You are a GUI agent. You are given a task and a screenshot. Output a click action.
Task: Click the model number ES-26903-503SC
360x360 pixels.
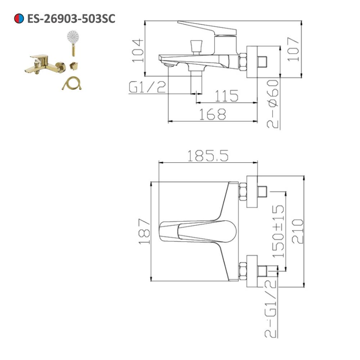[x=71, y=19]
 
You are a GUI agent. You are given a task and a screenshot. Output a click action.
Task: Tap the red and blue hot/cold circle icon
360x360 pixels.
[x=19, y=18]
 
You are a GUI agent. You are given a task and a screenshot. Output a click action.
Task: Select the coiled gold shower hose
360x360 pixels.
[x=72, y=83]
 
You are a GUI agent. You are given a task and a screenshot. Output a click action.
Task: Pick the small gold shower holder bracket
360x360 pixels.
[x=74, y=66]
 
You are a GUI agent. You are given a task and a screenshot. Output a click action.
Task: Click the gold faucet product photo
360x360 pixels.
[x=45, y=64]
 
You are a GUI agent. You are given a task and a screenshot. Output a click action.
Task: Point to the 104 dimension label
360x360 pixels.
[x=138, y=51]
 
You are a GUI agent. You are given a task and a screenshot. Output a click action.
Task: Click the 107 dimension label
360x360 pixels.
[x=293, y=49]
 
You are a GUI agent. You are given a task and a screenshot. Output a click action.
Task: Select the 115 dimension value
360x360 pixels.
[x=226, y=96]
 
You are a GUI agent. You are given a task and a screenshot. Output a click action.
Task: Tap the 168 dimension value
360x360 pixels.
[x=213, y=114]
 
